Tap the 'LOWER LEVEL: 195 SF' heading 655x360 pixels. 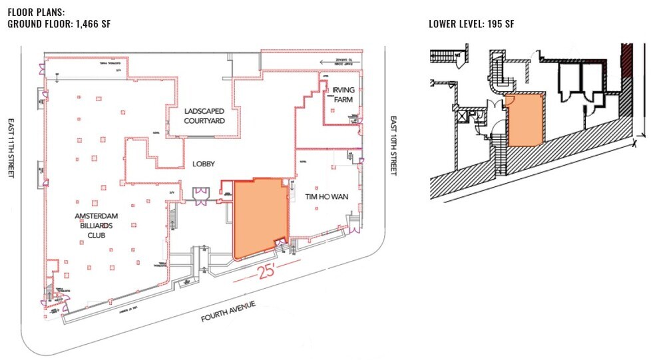tap(473, 24)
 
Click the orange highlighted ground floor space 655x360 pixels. tap(260, 216)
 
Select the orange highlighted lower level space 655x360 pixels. tap(525, 120)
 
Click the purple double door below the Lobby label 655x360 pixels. tap(199, 193)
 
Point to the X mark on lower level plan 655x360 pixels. tap(636, 142)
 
